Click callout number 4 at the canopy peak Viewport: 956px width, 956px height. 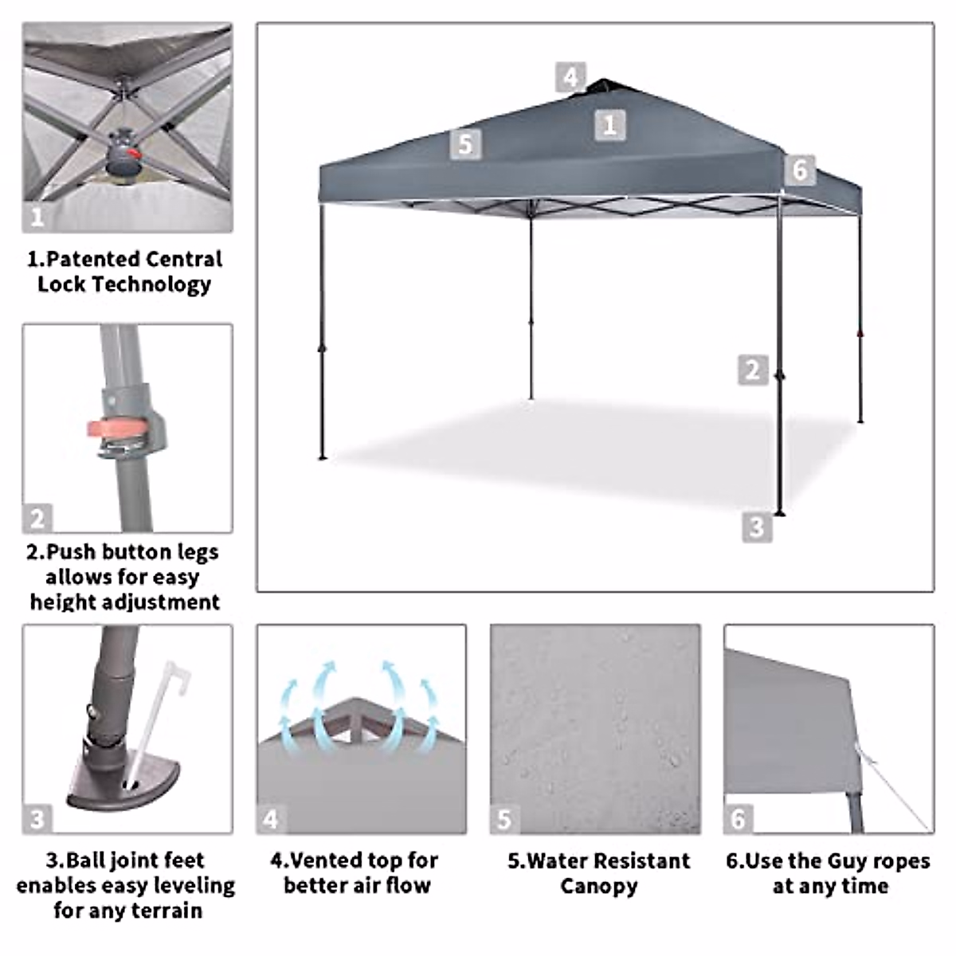point(570,77)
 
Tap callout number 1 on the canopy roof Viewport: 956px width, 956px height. point(609,125)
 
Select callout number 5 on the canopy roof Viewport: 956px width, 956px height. point(465,143)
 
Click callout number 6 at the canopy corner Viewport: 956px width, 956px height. point(800,170)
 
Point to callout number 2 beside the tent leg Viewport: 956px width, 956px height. point(753,370)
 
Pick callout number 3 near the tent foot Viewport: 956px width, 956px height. point(756,527)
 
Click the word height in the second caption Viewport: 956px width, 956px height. point(61,601)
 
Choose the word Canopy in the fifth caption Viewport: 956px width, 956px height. point(598,886)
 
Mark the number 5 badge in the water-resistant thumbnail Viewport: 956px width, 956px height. point(504,819)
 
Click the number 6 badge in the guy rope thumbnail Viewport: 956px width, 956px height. point(739,819)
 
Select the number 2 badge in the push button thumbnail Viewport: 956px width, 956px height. point(37,519)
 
